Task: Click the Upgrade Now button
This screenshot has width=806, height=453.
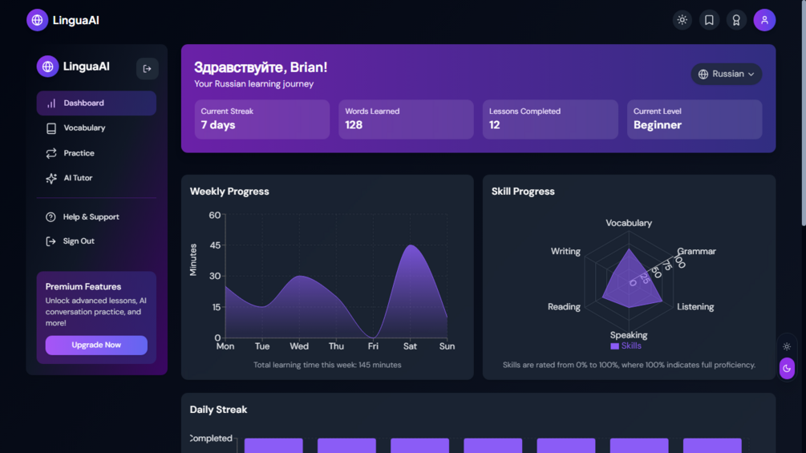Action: [x=96, y=345]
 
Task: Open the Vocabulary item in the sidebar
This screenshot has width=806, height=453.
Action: [x=84, y=128]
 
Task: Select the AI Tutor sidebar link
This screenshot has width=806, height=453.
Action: [x=78, y=178]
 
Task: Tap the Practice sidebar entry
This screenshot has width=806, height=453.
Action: [x=79, y=153]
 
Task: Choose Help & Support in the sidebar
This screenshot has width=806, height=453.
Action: [x=91, y=217]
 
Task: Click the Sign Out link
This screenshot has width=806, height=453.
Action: [x=79, y=241]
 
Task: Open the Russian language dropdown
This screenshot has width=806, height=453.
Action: [x=727, y=74]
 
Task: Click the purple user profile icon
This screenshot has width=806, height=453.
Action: [x=764, y=20]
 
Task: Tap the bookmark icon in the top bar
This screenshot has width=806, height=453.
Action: [x=709, y=20]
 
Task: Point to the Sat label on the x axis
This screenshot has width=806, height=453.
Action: [x=410, y=346]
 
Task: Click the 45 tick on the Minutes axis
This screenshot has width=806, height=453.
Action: [x=214, y=245]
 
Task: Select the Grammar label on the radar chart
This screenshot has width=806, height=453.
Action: [x=696, y=251]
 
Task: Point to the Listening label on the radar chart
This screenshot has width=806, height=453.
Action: [x=695, y=307]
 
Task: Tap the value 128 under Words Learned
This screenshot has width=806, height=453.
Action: [x=354, y=125]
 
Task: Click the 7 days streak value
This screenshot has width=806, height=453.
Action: [x=218, y=125]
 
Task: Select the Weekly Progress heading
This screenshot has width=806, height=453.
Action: [x=229, y=192]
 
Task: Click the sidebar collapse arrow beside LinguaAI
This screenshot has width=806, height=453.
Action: [x=147, y=69]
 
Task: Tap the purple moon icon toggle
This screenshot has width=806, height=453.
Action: [x=787, y=368]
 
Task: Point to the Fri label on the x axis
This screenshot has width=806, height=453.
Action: [x=373, y=346]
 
